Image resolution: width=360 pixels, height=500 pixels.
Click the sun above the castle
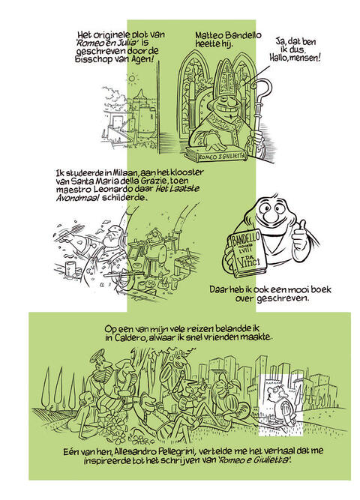click(x=131, y=78)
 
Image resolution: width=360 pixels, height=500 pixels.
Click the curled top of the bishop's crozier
click(x=263, y=88)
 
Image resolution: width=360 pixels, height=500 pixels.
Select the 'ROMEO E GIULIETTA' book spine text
click(x=222, y=156)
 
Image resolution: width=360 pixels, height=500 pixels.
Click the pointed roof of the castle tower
click(x=139, y=96)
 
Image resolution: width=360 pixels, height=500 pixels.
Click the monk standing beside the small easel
click(x=155, y=250)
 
